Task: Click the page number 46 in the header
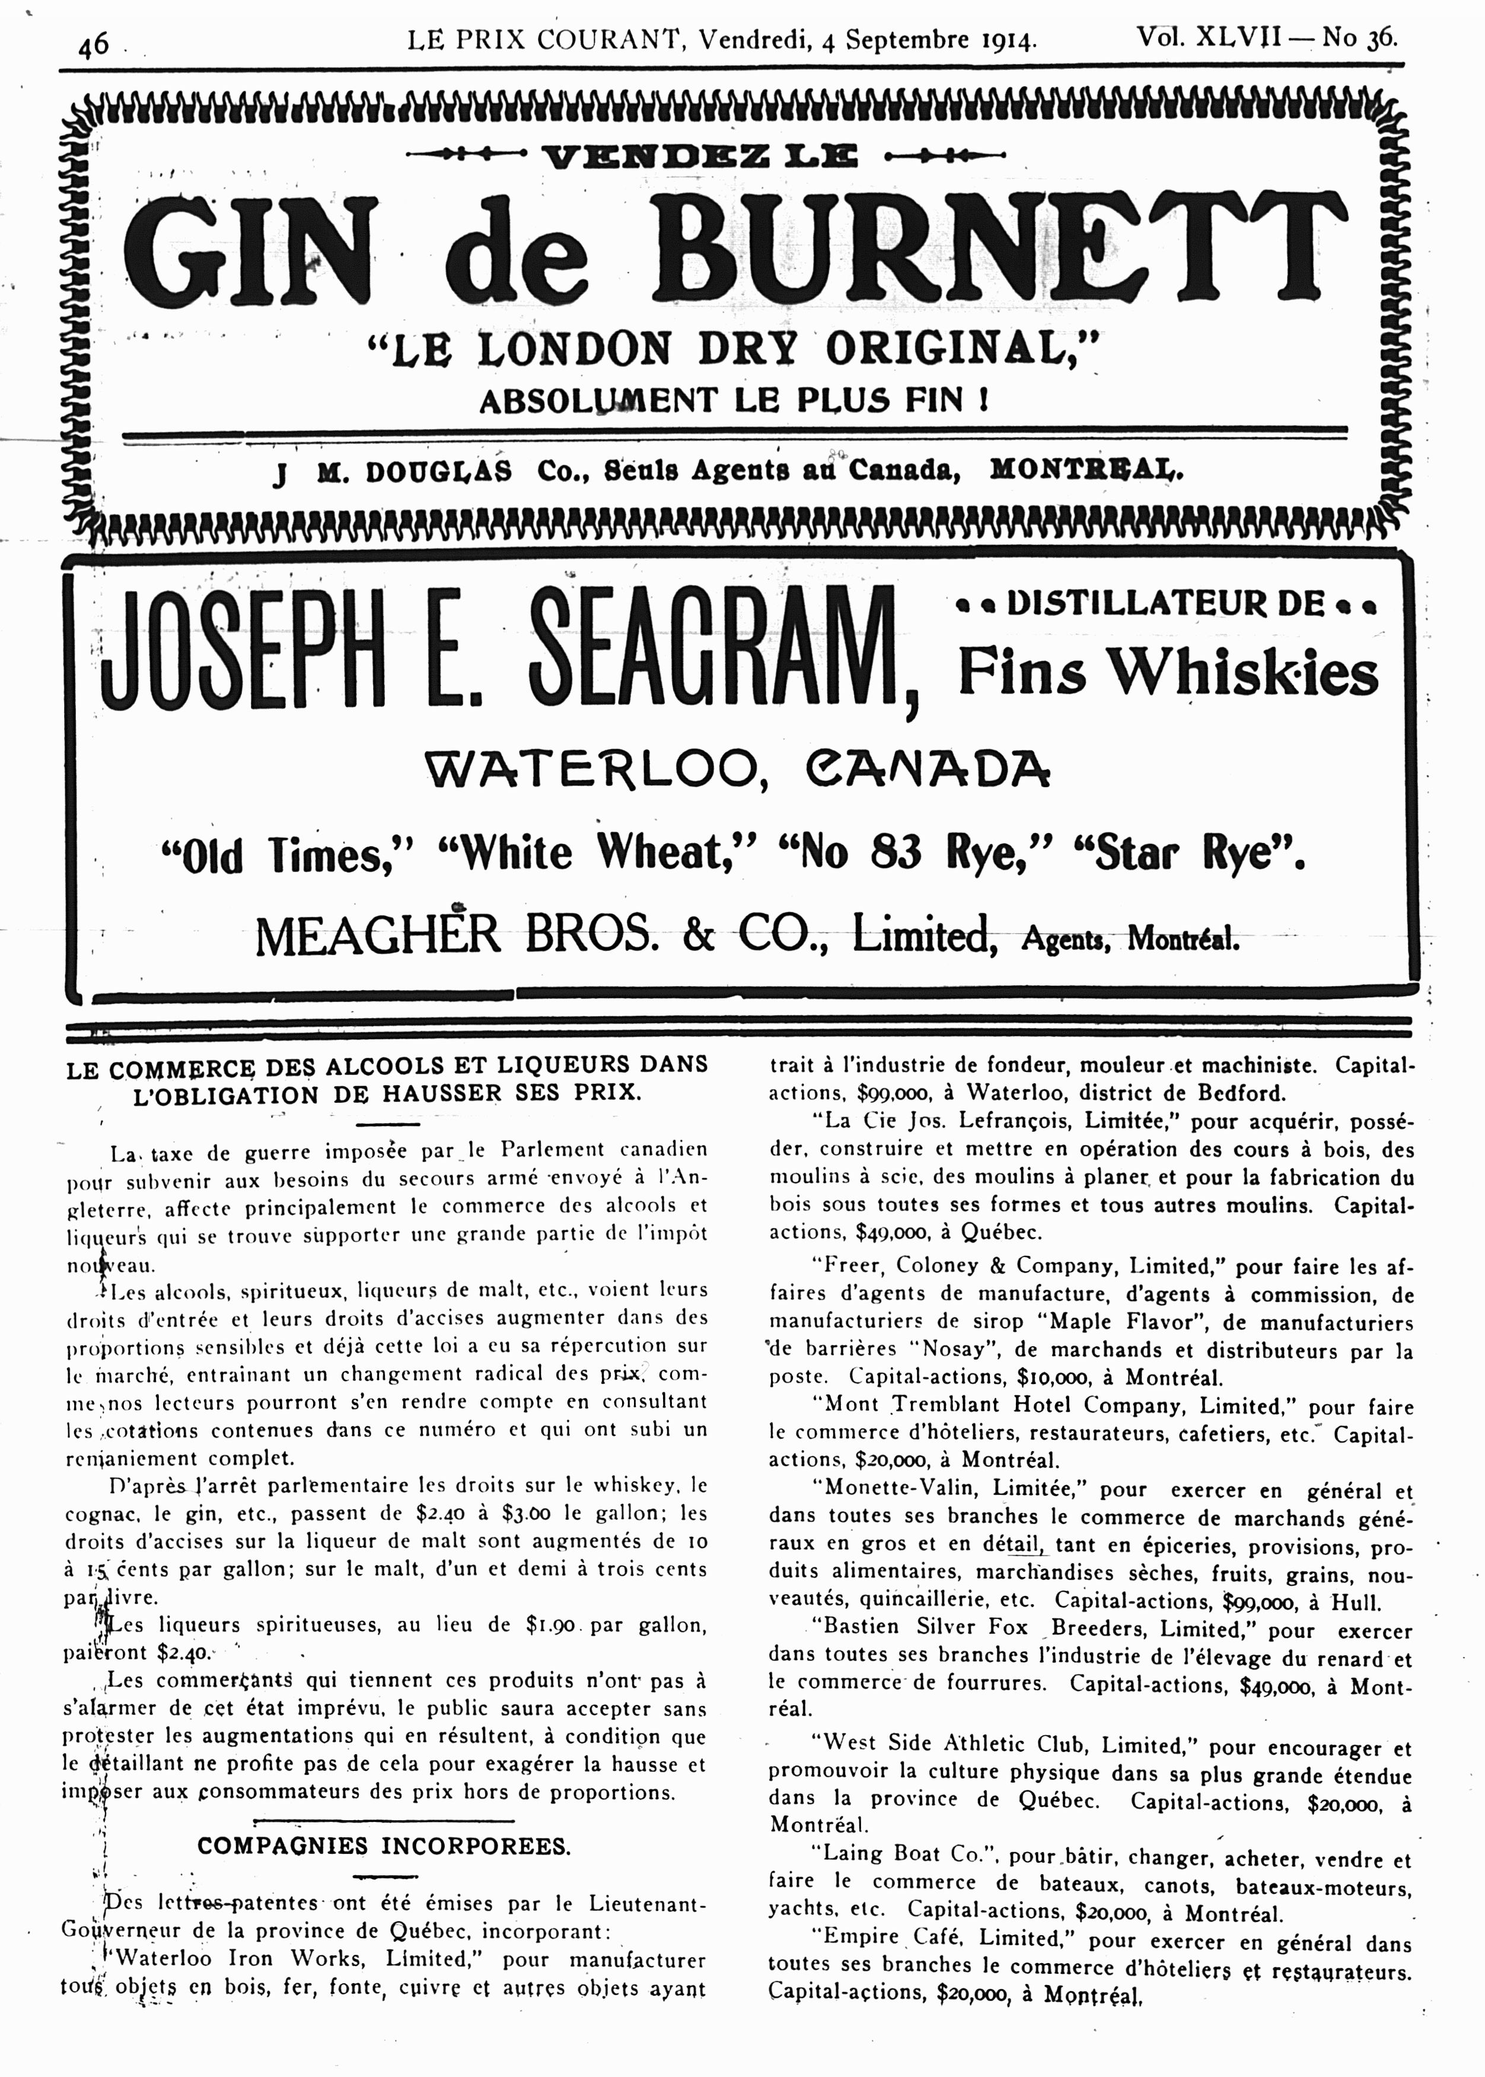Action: tap(94, 43)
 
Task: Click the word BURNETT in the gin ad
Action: tap(1012, 252)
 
